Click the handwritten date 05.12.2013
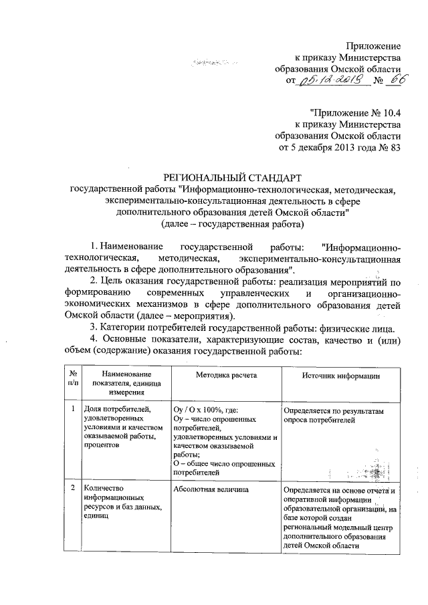coord(328,81)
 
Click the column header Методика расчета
coord(225,376)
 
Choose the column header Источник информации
coord(340,376)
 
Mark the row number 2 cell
coord(72,490)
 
